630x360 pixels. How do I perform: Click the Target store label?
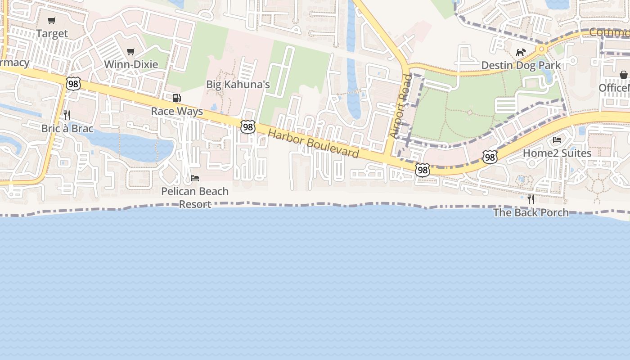(x=52, y=34)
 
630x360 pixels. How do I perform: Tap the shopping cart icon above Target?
(x=52, y=20)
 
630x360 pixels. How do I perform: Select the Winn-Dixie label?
(x=131, y=64)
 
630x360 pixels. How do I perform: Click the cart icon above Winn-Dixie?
(x=130, y=52)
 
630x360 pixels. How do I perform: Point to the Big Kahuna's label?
(x=238, y=85)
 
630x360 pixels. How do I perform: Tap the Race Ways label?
(x=177, y=111)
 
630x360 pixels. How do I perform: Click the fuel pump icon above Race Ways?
(x=177, y=98)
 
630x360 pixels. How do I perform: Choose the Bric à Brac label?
(x=67, y=129)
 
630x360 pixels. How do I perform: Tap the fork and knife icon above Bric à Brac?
(x=67, y=115)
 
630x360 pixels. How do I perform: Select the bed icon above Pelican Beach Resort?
(x=195, y=178)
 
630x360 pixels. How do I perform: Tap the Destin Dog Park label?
(x=521, y=65)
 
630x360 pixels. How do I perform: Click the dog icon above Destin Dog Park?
(x=521, y=53)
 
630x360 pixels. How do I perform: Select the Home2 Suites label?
(x=557, y=153)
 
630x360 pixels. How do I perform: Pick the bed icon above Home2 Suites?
(x=557, y=140)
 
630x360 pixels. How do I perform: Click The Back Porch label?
(x=531, y=212)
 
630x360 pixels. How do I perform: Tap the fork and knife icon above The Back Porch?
(x=531, y=199)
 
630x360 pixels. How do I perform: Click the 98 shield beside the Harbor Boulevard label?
(x=247, y=127)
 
